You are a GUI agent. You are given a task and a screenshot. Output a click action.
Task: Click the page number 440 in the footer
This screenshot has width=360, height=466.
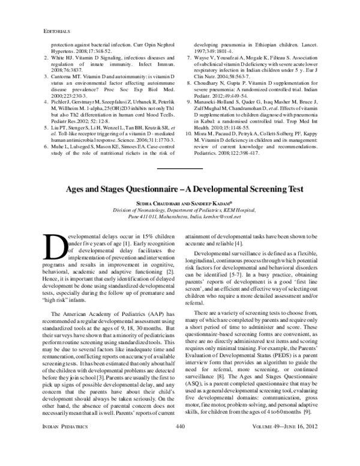[179, 443]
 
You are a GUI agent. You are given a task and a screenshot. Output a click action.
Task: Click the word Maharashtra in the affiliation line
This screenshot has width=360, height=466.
[166, 219]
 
